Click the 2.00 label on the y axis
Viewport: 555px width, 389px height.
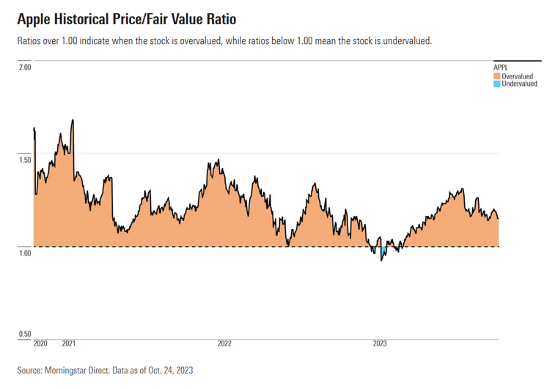(x=24, y=68)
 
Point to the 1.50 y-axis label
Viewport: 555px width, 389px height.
(x=24, y=160)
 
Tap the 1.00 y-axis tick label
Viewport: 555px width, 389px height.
(x=24, y=253)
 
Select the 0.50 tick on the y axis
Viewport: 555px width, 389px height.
(x=24, y=335)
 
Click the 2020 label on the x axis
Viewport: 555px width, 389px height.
(x=41, y=343)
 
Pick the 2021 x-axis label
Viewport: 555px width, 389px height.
(x=69, y=343)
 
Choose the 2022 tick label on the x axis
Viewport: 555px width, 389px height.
(x=224, y=343)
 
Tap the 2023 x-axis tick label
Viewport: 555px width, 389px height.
(x=380, y=343)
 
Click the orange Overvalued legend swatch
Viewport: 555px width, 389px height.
(x=496, y=76)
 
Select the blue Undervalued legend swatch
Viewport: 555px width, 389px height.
(x=496, y=84)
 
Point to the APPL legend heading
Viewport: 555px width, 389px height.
(x=500, y=68)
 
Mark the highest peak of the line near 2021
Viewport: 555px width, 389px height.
(x=72, y=120)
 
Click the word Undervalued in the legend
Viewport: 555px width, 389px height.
(x=520, y=84)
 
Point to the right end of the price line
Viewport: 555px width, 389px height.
(x=499, y=219)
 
